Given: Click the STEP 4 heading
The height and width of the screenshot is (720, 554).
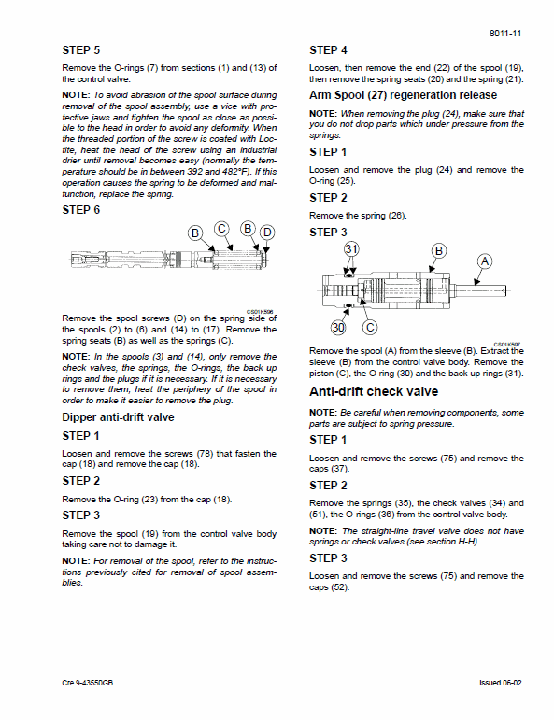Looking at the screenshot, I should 329,50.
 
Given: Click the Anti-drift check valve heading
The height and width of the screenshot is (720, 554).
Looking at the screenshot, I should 373,391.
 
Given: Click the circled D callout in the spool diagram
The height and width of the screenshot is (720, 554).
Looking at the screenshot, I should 267,232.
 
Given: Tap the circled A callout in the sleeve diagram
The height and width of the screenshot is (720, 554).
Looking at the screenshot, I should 483,261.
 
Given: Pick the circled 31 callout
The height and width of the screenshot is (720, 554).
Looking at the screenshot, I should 351,248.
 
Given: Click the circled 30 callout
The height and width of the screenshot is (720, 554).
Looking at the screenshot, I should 339,327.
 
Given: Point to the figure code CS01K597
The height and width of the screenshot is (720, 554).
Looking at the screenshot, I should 507,343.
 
